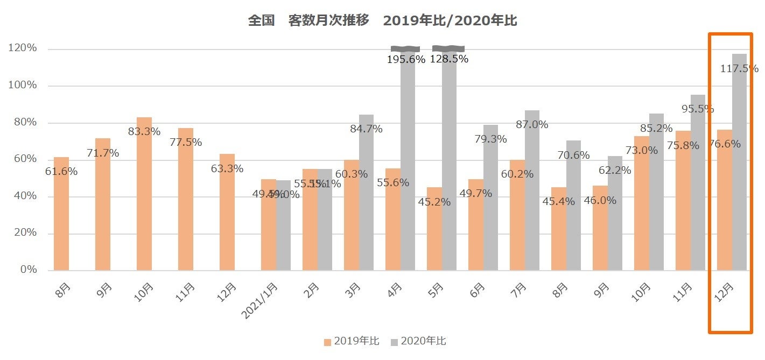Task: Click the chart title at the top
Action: point(382,21)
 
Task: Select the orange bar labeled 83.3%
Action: point(144,194)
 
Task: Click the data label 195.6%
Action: point(406,60)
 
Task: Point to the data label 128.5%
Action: point(449,59)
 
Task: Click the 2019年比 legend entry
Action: point(352,341)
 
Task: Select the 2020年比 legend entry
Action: point(418,341)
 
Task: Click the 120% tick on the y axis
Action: point(23,48)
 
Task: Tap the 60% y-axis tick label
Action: point(25,159)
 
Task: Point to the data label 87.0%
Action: point(532,125)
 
